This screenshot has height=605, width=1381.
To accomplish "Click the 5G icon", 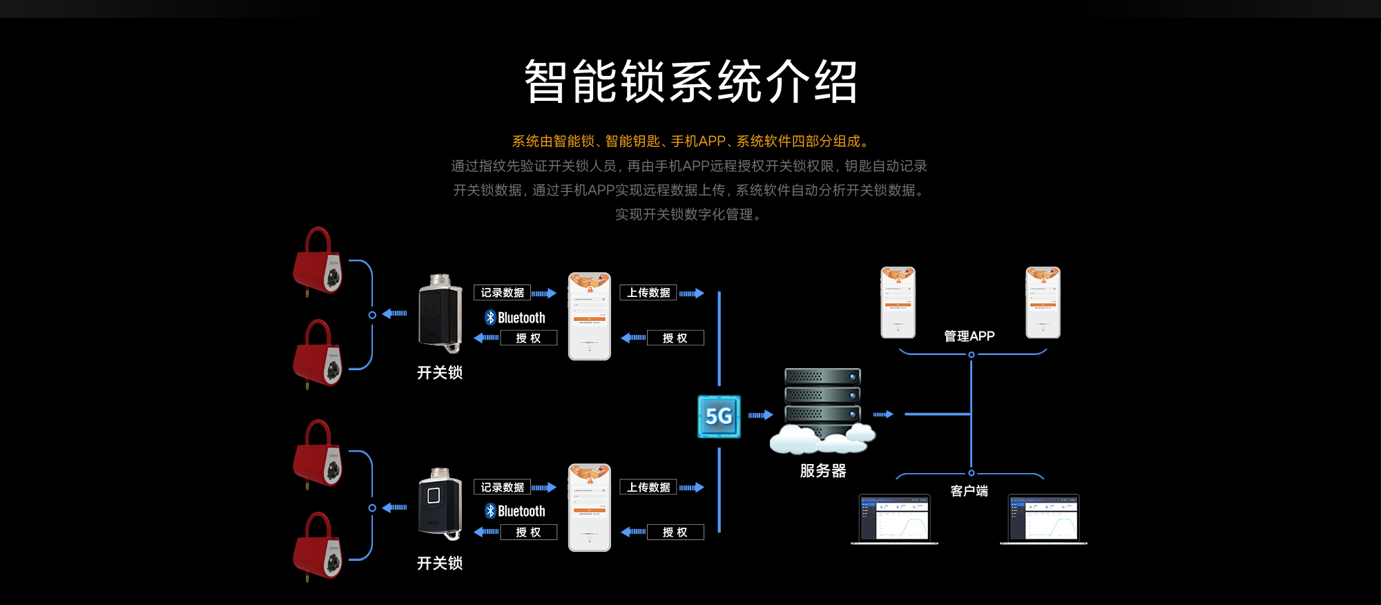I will coord(719,416).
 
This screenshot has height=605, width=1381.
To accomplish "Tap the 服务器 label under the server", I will coord(822,471).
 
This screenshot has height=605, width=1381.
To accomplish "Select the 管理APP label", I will coord(969,336).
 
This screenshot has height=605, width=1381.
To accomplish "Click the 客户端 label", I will coord(969,491).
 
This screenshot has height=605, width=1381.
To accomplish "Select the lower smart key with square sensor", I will coord(440,505).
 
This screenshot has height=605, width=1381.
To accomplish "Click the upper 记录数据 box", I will coord(502,293).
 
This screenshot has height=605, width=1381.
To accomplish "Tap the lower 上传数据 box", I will coord(648,488).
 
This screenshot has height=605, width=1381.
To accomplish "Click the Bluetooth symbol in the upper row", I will coord(490,318).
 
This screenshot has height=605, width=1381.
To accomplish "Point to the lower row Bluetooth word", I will coord(521,512).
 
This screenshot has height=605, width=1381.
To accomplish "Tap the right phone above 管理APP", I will coord(1043,302).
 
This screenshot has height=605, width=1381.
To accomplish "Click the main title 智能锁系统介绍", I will coord(690,82).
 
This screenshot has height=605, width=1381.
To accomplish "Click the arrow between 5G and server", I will coord(760,415).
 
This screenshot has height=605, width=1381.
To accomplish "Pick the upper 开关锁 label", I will coord(440,373).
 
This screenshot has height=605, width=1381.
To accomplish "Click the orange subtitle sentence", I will coord(690,142).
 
